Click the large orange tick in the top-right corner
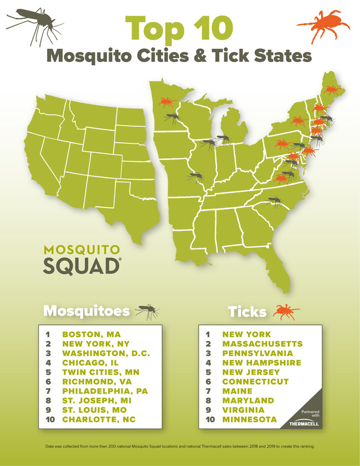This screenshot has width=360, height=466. (325, 26)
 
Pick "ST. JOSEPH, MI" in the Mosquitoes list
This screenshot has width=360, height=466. (96, 400)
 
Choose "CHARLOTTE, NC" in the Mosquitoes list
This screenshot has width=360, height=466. (98, 420)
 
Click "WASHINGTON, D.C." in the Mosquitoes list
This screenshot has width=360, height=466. (106, 353)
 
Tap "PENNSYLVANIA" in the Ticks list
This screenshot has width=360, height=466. (258, 353)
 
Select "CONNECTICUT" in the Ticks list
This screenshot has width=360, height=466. (255, 381)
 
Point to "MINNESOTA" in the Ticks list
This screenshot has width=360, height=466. (249, 420)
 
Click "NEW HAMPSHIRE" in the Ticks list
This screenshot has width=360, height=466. (261, 363)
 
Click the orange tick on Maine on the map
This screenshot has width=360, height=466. (332, 90)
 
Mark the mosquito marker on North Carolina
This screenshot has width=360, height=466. (274, 201)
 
